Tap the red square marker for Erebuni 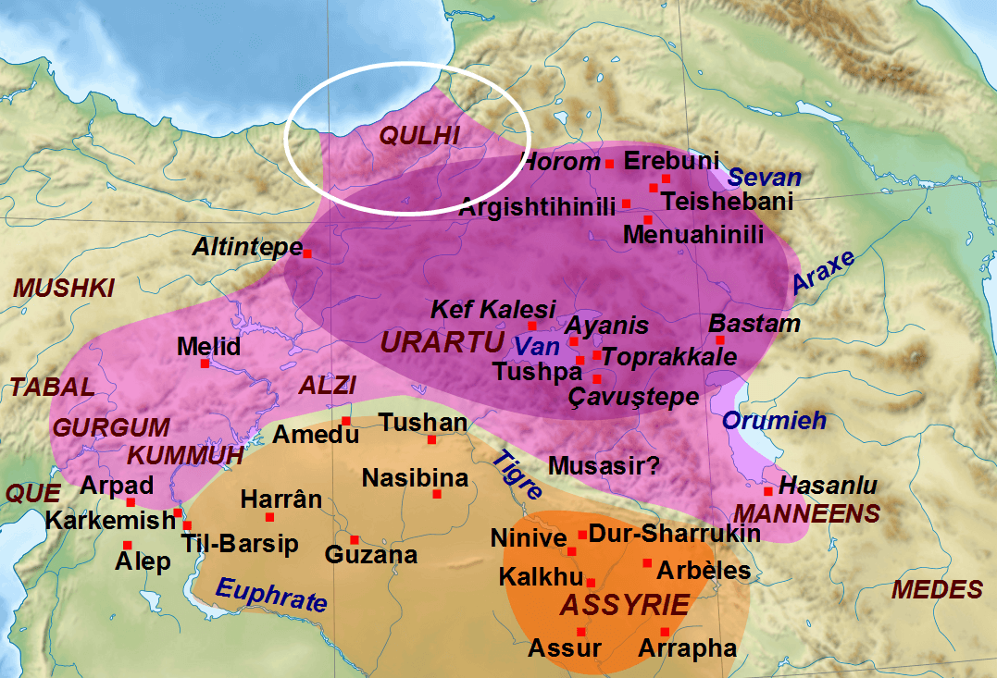pyautogui.click(x=666, y=178)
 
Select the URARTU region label pyautogui.click(x=441, y=341)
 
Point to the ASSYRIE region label pyautogui.click(x=626, y=606)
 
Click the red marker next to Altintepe pyautogui.click(x=307, y=253)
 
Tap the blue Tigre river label pyautogui.click(x=517, y=475)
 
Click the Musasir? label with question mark pyautogui.click(x=604, y=464)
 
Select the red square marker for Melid pyautogui.click(x=205, y=364)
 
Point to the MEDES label pyautogui.click(x=937, y=589)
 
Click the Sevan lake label pyautogui.click(x=765, y=178)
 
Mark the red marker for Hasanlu pyautogui.click(x=767, y=490)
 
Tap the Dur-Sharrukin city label pyautogui.click(x=675, y=533)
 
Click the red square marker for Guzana pyautogui.click(x=354, y=539)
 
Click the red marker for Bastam pyautogui.click(x=720, y=339)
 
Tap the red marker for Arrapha pyautogui.click(x=665, y=632)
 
